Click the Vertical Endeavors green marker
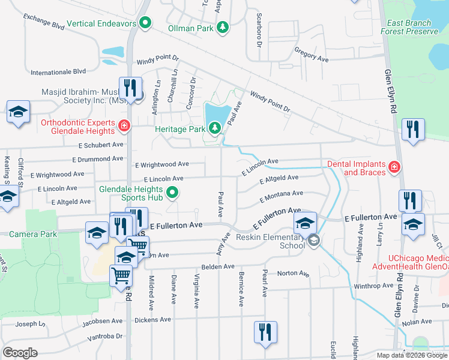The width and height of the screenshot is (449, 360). (x=144, y=24)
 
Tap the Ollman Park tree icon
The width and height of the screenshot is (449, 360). (x=223, y=27)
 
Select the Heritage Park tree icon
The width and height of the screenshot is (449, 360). (x=214, y=127)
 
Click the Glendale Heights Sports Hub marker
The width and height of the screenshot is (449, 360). (x=172, y=193)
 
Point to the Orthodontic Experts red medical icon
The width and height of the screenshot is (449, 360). (x=124, y=126)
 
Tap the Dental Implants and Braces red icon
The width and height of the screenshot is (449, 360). (x=394, y=167)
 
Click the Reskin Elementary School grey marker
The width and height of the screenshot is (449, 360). (x=312, y=241)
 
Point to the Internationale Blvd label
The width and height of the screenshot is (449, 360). (x=59, y=71)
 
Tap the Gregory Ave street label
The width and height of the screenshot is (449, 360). (x=312, y=56)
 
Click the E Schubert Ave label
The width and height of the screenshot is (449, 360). (x=101, y=145)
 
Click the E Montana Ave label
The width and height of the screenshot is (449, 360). (x=281, y=195)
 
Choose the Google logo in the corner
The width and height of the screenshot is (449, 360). (x=20, y=352)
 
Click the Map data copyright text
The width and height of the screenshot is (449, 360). (x=412, y=355)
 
